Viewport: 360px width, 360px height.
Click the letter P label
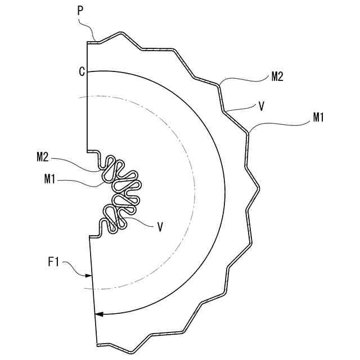[x=80, y=11]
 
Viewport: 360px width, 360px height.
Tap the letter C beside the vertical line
[x=82, y=71]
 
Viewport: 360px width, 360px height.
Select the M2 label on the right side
[x=277, y=76]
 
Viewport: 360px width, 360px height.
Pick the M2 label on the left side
[x=43, y=157]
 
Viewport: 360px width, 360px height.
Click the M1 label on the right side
[x=318, y=118]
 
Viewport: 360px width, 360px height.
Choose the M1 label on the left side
[x=50, y=179]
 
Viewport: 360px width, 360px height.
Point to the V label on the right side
[x=261, y=107]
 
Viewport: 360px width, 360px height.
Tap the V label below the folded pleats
[x=160, y=227]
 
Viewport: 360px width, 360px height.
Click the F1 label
[x=53, y=262]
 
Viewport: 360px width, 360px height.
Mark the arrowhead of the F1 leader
[x=89, y=276]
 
